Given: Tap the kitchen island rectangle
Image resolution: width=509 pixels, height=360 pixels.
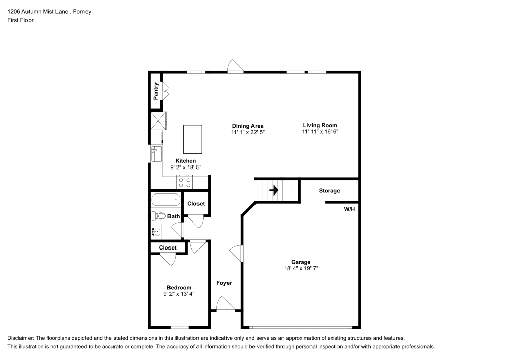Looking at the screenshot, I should pyautogui.click(x=192, y=139).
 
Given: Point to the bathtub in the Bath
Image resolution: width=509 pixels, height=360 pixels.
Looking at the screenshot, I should pyautogui.click(x=165, y=200).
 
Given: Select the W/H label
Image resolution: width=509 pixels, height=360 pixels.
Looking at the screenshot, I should pyautogui.click(x=350, y=209).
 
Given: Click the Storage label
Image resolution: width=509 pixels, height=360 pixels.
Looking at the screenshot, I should pyautogui.click(x=329, y=191).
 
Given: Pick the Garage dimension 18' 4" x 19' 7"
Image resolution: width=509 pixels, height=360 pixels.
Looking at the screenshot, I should pyautogui.click(x=301, y=268).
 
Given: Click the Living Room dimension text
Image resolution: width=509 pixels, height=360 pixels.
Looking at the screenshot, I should pyautogui.click(x=320, y=131).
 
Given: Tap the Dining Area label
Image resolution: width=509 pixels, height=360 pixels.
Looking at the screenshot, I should pyautogui.click(x=247, y=126).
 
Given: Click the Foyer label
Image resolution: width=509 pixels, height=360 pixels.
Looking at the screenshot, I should pyautogui.click(x=224, y=283).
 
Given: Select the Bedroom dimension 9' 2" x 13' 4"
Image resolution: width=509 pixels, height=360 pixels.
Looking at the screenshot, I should pyautogui.click(x=179, y=294).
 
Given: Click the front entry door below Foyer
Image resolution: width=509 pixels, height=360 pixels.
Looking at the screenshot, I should pyautogui.click(x=224, y=306).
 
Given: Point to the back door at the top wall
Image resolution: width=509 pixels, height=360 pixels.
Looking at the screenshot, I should pyautogui.click(x=235, y=67).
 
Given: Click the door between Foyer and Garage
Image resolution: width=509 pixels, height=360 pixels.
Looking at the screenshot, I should pyautogui.click(x=237, y=252).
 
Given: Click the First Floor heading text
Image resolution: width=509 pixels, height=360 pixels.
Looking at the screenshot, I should pyautogui.click(x=20, y=20).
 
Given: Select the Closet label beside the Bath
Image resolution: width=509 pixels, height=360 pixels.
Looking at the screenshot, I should pyautogui.click(x=196, y=204).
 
